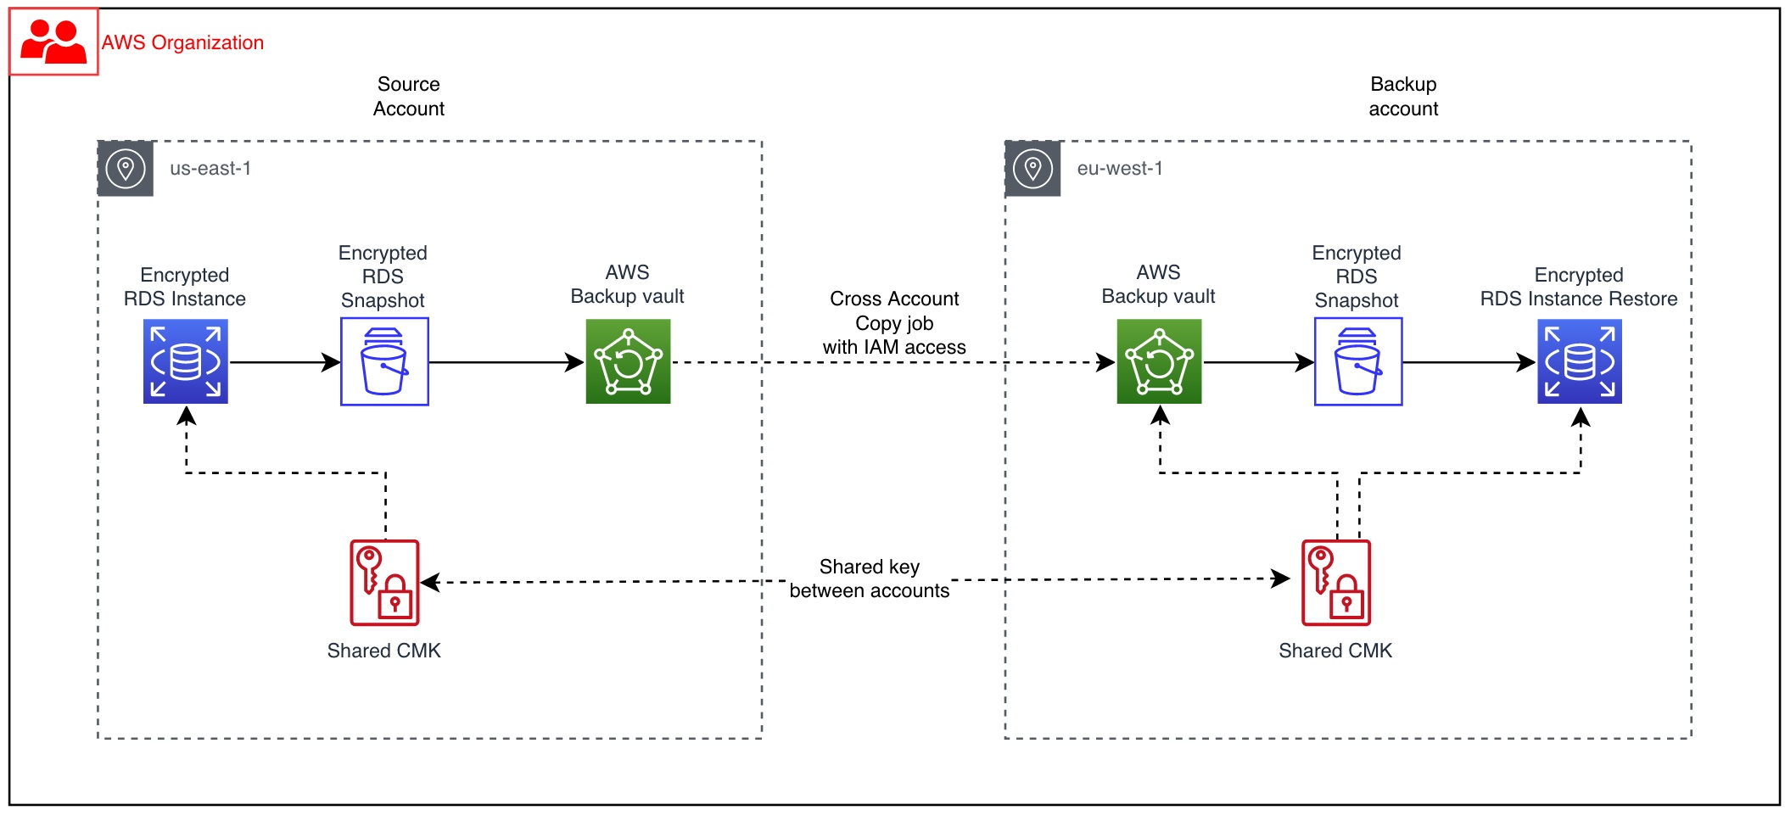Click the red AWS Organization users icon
[x=53, y=42]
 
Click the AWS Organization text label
[x=182, y=42]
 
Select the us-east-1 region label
[x=210, y=168]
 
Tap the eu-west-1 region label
[x=1120, y=168]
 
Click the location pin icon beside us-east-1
[x=126, y=168]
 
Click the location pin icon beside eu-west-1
[x=1032, y=168]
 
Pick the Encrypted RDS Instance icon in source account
[x=186, y=361]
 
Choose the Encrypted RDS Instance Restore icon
[x=1580, y=361]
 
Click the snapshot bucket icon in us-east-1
[x=384, y=361]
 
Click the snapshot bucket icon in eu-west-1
[x=1358, y=361]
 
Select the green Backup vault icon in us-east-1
[x=628, y=361]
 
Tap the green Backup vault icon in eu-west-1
[x=1159, y=361]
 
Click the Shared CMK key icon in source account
[x=384, y=583]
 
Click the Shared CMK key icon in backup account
[x=1336, y=583]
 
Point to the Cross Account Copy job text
[x=894, y=323]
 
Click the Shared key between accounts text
[x=870, y=578]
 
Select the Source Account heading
[x=409, y=96]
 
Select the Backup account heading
[x=1403, y=96]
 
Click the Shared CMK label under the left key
[x=384, y=651]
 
